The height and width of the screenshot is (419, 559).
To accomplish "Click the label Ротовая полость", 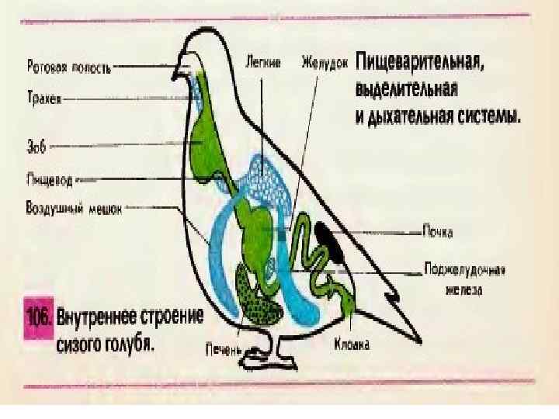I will (x=68, y=68).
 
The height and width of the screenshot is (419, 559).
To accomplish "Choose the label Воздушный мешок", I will (x=75, y=207).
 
